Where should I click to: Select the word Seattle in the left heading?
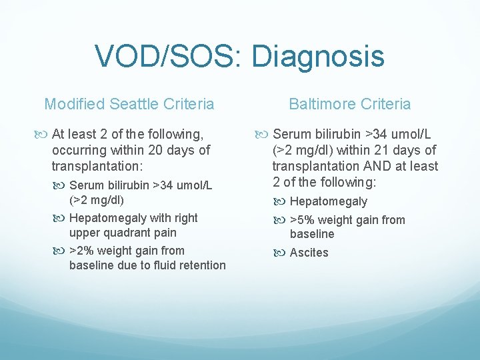(x=136, y=104)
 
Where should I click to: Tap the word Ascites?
(x=309, y=253)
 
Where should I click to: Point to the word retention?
(x=203, y=265)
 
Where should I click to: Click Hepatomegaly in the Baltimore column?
(x=328, y=201)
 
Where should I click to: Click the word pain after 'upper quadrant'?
(x=165, y=233)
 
